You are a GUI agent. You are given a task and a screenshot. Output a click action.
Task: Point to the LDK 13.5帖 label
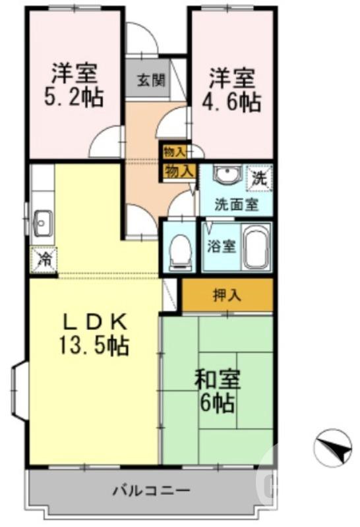(x=95, y=333)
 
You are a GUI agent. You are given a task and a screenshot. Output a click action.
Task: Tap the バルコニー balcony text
(x=151, y=491)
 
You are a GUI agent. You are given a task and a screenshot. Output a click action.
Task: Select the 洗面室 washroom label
(x=236, y=204)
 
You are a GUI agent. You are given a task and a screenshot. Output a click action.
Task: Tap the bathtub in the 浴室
(x=256, y=246)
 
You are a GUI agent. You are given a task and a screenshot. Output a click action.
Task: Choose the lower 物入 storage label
(x=179, y=171)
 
